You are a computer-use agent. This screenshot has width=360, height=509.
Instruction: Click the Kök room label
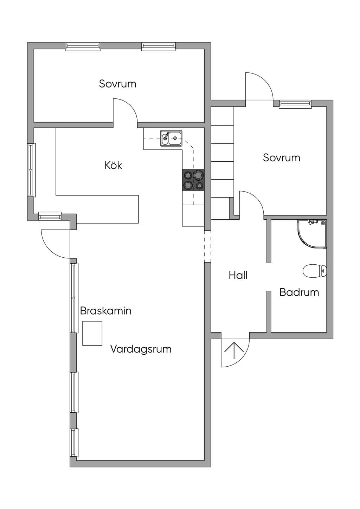(113, 165)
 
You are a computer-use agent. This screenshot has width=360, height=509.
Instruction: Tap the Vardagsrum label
(141, 349)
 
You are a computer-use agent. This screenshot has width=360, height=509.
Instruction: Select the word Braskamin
(106, 311)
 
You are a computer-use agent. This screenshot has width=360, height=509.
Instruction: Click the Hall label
(238, 275)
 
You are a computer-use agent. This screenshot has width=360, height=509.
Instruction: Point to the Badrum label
(299, 292)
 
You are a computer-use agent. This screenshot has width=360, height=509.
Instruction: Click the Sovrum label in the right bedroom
(281, 157)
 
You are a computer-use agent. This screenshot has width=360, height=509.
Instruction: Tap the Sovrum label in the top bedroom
(117, 84)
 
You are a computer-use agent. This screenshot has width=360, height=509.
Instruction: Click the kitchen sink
(171, 138)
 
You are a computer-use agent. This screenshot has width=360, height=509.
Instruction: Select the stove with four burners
(193, 180)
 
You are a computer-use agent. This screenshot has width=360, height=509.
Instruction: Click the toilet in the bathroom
(315, 271)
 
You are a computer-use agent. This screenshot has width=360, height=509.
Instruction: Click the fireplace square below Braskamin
(92, 333)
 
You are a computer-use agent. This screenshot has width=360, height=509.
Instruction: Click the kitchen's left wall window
(31, 170)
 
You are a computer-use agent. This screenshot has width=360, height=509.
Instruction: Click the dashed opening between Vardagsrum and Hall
(207, 246)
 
